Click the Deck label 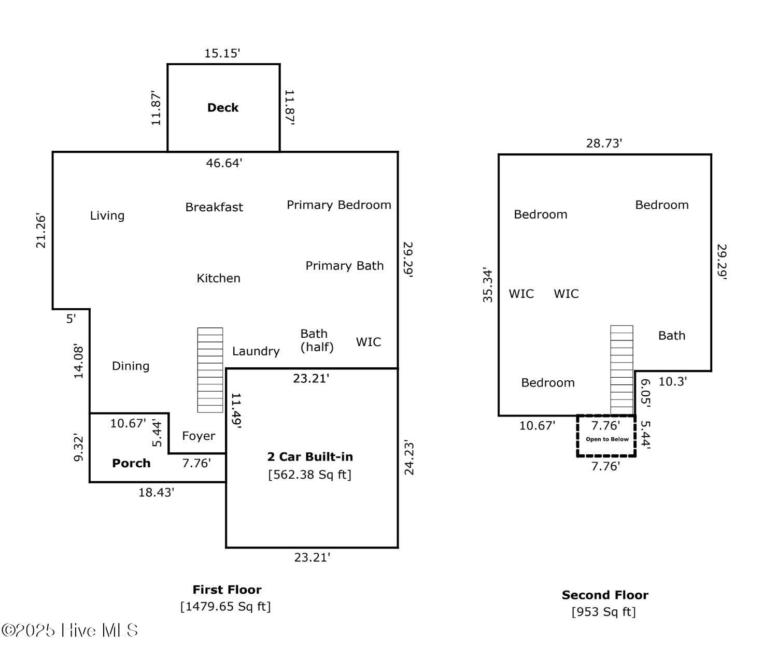click(x=222, y=108)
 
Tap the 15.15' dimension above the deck click(x=222, y=53)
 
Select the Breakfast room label click(x=214, y=207)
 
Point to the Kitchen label click(x=219, y=278)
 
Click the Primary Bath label click(x=344, y=266)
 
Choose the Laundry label click(x=256, y=351)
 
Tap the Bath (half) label click(x=317, y=340)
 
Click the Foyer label click(x=199, y=436)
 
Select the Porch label click(x=132, y=463)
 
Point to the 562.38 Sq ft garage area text click(x=309, y=475)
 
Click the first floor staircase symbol click(x=210, y=370)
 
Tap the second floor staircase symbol click(x=621, y=370)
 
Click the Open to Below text click(x=607, y=439)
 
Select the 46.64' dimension click(x=224, y=163)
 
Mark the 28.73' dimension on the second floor click(x=604, y=143)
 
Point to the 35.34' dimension click(x=488, y=286)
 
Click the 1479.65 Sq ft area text click(x=225, y=607)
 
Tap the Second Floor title click(x=605, y=595)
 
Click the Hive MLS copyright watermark click(x=70, y=630)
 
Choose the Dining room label click(x=131, y=366)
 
